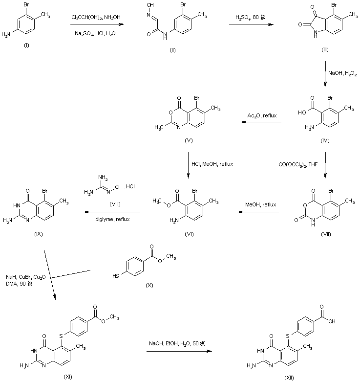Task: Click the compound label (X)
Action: [149, 285]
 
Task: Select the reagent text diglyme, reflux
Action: [112, 219]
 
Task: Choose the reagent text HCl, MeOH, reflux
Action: [214, 164]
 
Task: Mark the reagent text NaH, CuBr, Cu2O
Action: [25, 276]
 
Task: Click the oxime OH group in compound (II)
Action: [150, 6]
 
